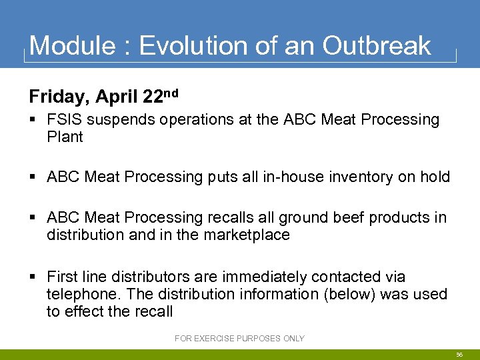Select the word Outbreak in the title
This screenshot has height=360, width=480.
(x=377, y=46)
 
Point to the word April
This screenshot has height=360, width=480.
(x=117, y=97)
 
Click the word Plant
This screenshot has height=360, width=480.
(x=65, y=137)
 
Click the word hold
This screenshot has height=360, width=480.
(x=435, y=177)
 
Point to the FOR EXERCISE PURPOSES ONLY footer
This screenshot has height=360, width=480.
(x=239, y=339)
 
